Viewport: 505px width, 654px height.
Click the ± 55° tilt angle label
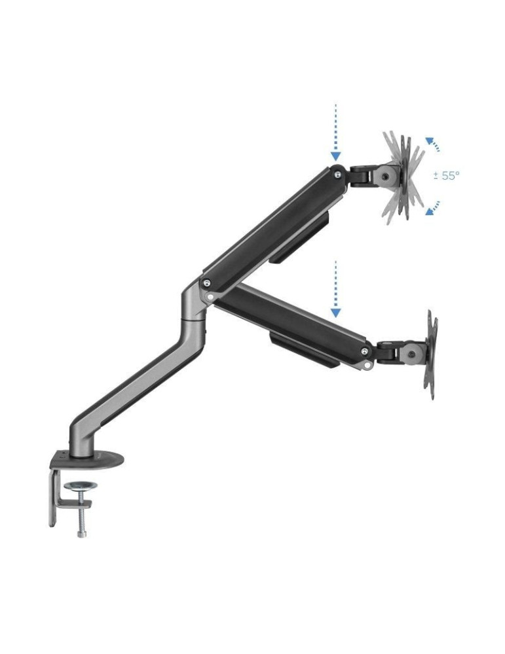[x=447, y=175]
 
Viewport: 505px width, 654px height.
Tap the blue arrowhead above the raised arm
[x=335, y=156]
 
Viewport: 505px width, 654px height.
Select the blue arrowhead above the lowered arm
[x=335, y=312]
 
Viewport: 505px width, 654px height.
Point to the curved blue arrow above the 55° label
[x=432, y=145]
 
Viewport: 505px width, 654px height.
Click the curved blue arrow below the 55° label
[x=432, y=207]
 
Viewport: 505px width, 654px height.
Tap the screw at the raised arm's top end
[x=336, y=175]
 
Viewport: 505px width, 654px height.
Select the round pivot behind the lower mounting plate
[x=411, y=354]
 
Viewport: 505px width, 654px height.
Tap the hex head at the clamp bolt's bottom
[x=81, y=533]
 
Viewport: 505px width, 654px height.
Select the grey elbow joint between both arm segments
[x=195, y=302]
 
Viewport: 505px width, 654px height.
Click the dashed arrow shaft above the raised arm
[x=335, y=124]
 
